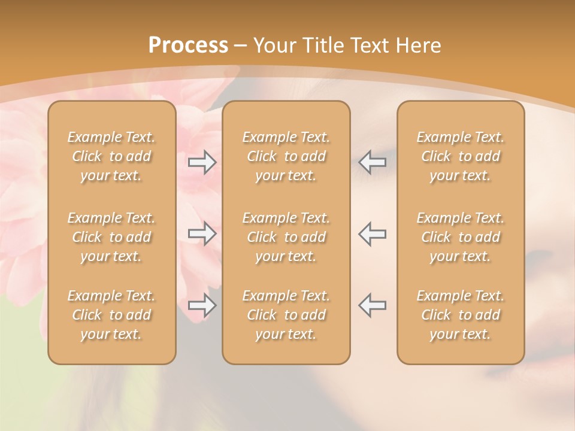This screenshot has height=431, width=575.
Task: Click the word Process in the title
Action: (x=188, y=45)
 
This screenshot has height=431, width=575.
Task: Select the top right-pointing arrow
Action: (x=202, y=162)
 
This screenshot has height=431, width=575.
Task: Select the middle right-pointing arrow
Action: (x=202, y=233)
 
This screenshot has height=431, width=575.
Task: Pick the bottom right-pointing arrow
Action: (x=202, y=305)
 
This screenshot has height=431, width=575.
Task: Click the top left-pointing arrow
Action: (x=372, y=162)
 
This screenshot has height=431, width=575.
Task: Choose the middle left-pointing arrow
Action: (x=372, y=233)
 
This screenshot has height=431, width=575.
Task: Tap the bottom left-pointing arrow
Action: (x=372, y=305)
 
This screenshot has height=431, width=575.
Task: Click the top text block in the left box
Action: (x=111, y=156)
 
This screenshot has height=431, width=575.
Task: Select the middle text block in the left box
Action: (x=111, y=237)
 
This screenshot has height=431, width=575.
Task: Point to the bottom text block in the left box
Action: (x=111, y=315)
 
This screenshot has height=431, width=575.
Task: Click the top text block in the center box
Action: (x=286, y=156)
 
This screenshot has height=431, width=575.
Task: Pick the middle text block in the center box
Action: (x=286, y=237)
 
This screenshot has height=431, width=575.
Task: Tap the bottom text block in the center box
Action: (x=286, y=315)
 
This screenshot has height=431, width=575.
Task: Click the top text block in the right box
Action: (x=461, y=156)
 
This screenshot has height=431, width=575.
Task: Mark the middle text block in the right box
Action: (x=461, y=237)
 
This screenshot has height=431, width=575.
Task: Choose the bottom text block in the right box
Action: (x=461, y=315)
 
